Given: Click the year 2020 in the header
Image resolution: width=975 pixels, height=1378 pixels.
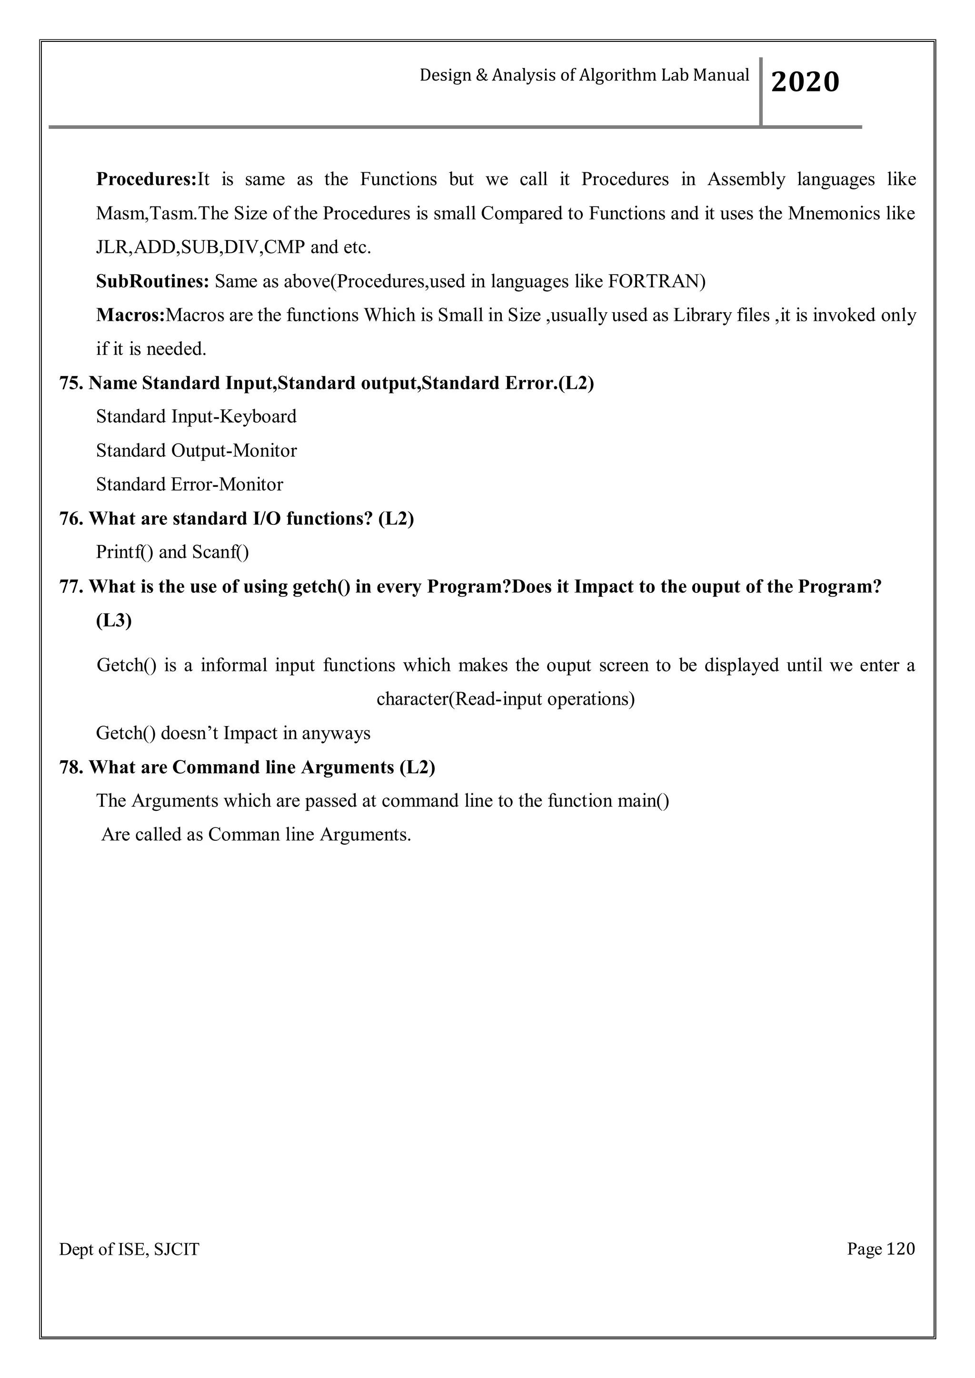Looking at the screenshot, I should (x=805, y=82).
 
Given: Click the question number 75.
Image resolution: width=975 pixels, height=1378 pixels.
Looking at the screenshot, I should (x=71, y=383).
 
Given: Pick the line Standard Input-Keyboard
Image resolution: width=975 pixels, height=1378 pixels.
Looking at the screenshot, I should (x=196, y=416).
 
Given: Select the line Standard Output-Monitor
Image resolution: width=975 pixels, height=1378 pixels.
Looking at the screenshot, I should (x=196, y=451).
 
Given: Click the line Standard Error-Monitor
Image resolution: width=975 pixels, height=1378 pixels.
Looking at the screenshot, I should (x=189, y=484).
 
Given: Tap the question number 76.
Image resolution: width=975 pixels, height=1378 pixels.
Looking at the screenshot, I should (x=71, y=519).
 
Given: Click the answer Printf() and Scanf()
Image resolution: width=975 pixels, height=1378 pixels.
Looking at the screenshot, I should (x=172, y=552).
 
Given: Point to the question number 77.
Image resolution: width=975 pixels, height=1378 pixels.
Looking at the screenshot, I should (x=71, y=586).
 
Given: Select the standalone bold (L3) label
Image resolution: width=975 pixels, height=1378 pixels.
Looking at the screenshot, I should (x=113, y=620).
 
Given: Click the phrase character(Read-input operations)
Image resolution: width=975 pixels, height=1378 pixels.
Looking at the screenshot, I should (x=506, y=699).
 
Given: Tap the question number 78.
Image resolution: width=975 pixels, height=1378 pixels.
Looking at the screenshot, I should (x=71, y=767).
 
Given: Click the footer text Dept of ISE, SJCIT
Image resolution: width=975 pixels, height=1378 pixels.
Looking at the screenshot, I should (x=129, y=1250).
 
